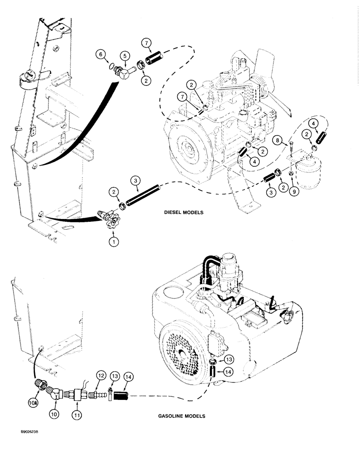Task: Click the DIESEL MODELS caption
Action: point(184,212)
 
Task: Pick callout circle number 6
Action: point(99,55)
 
